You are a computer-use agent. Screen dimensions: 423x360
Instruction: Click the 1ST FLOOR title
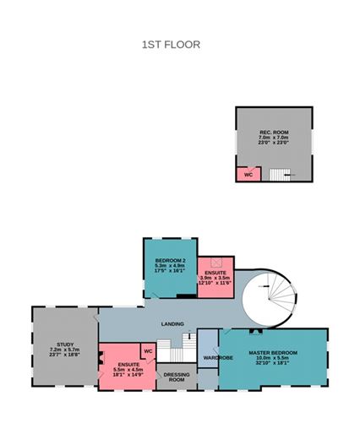(171, 45)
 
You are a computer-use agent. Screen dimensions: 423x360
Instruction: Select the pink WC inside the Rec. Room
(248, 174)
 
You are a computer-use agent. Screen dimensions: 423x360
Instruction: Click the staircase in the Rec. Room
(281, 174)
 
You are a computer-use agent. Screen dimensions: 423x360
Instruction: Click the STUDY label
(65, 344)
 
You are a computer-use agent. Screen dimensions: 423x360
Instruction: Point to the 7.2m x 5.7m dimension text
(65, 350)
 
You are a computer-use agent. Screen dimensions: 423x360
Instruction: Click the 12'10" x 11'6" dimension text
(215, 283)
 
